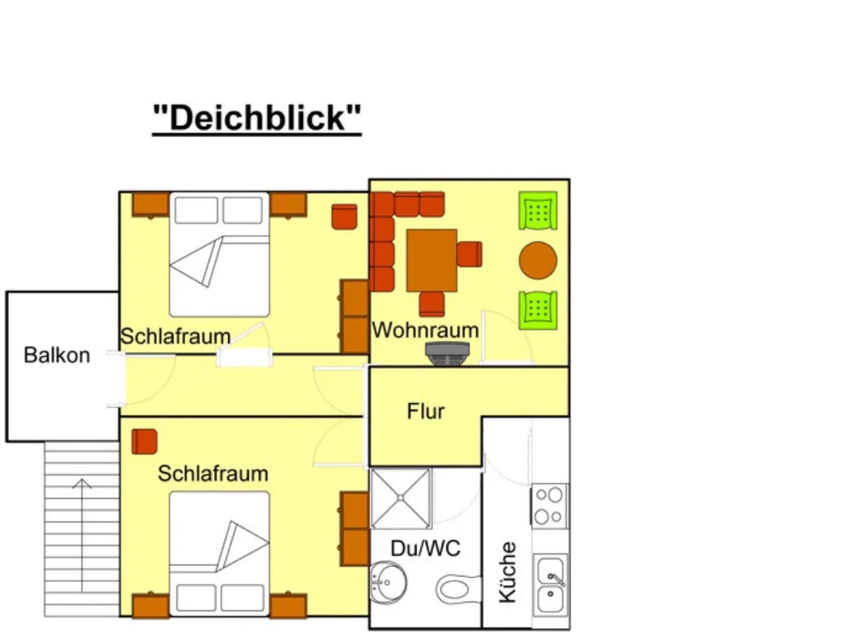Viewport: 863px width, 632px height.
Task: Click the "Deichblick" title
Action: (x=257, y=118)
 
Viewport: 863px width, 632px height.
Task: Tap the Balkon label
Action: (x=57, y=355)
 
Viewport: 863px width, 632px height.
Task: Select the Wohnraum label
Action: (x=425, y=330)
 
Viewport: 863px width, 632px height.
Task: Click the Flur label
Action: (x=425, y=411)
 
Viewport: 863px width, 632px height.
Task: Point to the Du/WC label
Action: (x=425, y=548)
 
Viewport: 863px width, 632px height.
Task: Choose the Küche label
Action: (x=507, y=572)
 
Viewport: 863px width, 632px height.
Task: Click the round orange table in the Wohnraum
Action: (x=538, y=261)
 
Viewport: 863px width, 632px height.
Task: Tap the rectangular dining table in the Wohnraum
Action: (x=432, y=261)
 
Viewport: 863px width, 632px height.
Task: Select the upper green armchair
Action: (x=538, y=211)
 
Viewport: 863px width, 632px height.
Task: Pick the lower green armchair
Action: (x=538, y=310)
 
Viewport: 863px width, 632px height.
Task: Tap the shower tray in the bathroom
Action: (x=401, y=498)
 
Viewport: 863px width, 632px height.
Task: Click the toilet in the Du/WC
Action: (x=458, y=589)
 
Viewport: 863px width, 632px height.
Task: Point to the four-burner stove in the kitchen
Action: (x=549, y=506)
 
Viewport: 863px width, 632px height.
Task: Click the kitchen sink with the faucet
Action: (x=551, y=585)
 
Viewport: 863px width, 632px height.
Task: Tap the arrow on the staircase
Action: (x=82, y=535)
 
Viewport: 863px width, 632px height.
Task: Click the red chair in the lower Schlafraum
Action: (x=145, y=442)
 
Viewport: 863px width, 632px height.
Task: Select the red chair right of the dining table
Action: (x=469, y=255)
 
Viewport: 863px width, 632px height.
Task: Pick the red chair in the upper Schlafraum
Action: (x=344, y=217)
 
